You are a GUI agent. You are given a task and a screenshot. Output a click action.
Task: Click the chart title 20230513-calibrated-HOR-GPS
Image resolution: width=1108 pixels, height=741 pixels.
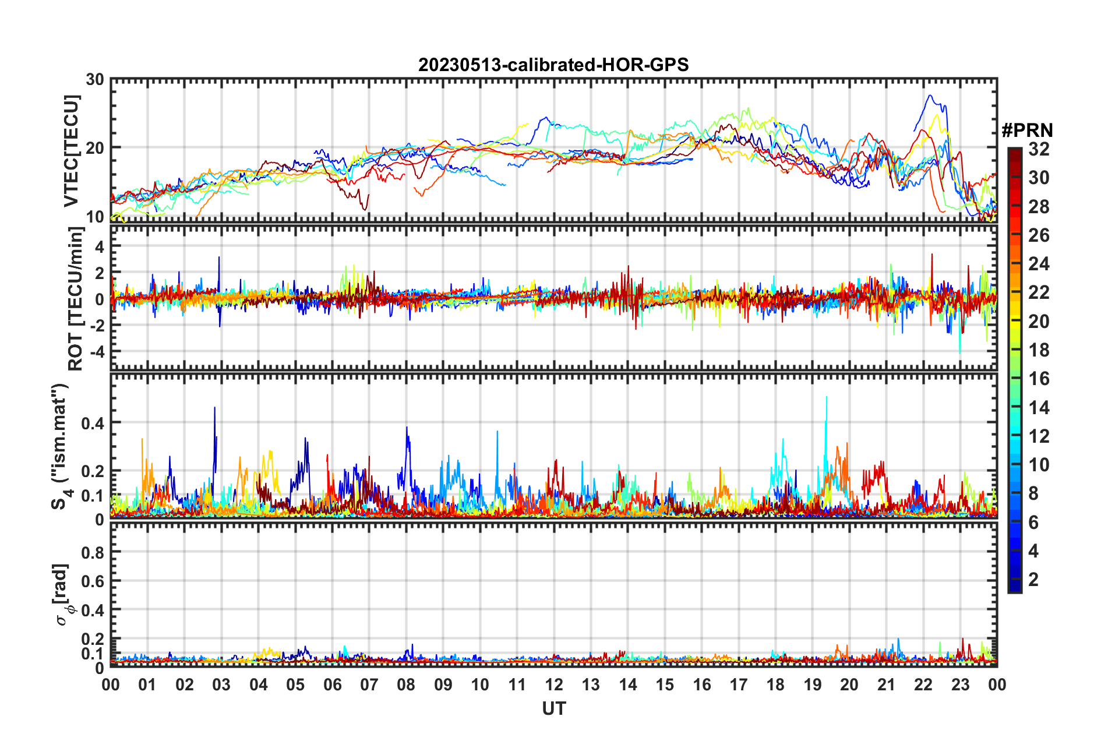[553, 65]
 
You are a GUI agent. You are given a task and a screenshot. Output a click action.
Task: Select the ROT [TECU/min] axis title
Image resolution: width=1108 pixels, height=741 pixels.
[76, 299]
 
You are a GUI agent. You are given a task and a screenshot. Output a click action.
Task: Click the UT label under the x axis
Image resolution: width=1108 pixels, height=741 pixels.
[553, 708]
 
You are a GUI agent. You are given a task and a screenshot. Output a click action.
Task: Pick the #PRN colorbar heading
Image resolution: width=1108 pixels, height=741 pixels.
[1027, 130]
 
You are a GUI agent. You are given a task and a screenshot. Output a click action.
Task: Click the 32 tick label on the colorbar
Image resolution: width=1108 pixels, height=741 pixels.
[1039, 149]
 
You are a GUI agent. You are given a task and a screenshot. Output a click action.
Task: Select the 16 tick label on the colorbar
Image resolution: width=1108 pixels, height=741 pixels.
[1039, 379]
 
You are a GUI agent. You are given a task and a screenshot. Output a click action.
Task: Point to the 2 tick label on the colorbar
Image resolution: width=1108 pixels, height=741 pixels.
[1033, 580]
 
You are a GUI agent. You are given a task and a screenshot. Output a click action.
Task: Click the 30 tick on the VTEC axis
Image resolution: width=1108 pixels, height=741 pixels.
[95, 80]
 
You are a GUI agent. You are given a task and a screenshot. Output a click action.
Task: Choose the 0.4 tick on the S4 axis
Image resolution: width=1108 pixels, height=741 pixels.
[93, 423]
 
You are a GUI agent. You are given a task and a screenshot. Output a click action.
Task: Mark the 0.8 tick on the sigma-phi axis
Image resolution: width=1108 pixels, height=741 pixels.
[93, 552]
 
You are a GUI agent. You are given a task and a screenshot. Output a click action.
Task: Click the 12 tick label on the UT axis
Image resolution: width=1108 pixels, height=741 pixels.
[554, 684]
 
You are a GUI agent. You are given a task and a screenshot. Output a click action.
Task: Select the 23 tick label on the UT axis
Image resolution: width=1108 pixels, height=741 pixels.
[960, 684]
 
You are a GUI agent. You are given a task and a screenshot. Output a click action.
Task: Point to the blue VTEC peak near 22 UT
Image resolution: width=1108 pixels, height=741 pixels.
[930, 96]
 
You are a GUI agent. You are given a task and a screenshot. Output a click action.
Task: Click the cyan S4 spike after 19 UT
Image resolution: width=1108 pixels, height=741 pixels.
[827, 397]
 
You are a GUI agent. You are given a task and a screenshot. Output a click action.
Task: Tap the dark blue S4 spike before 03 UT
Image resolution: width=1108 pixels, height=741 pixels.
[214, 408]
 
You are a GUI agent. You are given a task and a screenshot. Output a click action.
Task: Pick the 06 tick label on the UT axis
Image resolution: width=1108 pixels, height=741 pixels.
[332, 684]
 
